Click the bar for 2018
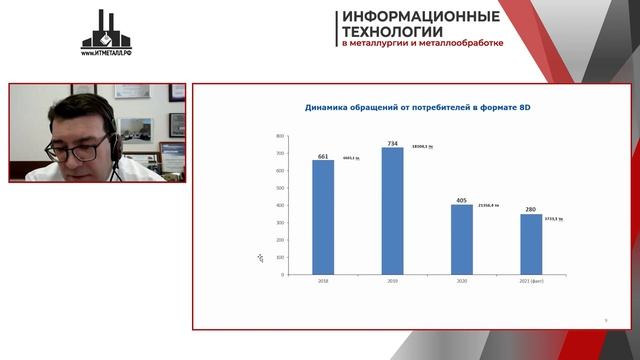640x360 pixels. (323, 217)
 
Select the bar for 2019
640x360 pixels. (392, 211)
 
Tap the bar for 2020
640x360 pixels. (461, 240)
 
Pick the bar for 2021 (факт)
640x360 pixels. (530, 244)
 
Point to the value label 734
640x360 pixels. (392, 144)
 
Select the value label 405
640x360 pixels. (461, 200)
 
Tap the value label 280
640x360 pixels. (530, 211)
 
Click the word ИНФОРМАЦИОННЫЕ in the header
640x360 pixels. (421, 16)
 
